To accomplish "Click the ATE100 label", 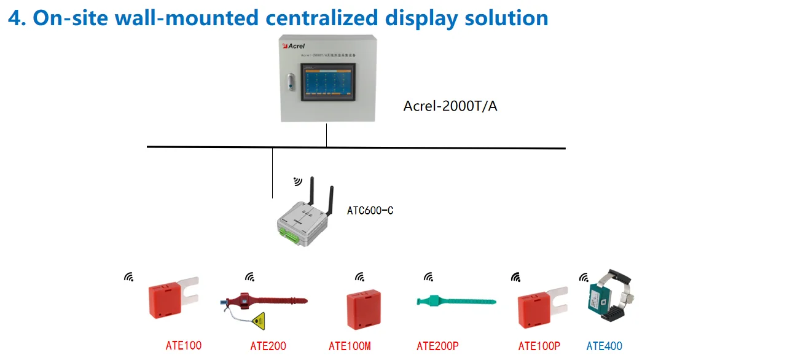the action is click(x=183, y=345).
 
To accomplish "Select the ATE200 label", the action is click(x=268, y=346).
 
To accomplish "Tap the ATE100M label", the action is click(x=350, y=346).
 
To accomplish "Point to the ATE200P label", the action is click(x=437, y=346).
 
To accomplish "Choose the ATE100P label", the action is click(x=539, y=346).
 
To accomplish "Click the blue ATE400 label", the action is click(x=604, y=346).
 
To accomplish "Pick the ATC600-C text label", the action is click(x=370, y=211).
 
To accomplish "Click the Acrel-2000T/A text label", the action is click(x=450, y=106).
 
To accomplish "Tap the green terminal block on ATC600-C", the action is click(x=290, y=233).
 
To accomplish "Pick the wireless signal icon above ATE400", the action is click(x=584, y=278).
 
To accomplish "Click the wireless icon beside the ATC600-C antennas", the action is click(x=298, y=181).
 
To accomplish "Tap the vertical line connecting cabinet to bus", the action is click(x=326, y=135).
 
